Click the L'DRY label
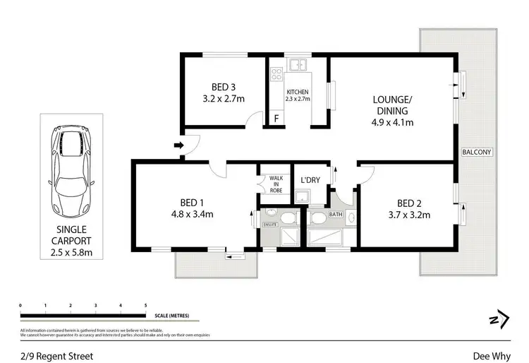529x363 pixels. coord(310,180)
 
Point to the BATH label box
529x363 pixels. coord(335,214)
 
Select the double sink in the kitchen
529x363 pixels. coord(299,66)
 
